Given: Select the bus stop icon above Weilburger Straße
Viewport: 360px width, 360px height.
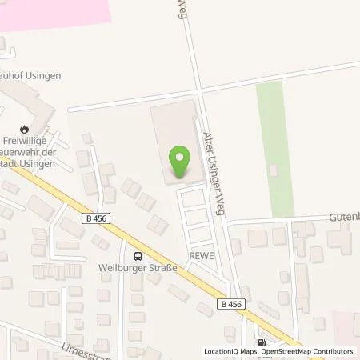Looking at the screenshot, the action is coord(139,256).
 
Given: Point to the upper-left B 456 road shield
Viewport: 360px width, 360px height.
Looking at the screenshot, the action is coord(94,218).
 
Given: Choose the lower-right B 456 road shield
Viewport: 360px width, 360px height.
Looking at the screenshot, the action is coord(228,304).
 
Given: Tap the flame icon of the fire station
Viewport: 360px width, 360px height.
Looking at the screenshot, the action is coord(25,128).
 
